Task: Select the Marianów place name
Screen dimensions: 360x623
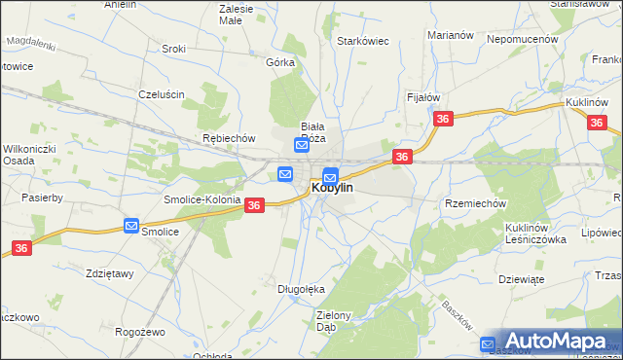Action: [450, 35]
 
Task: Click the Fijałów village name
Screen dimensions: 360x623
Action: [423, 97]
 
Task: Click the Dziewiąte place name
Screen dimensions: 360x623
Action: [519, 278]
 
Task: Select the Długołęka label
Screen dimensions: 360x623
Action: [301, 288]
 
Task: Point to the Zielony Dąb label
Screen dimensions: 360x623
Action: [340, 321]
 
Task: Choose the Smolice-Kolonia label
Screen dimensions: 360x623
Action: [202, 199]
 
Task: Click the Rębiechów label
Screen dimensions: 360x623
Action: [228, 138]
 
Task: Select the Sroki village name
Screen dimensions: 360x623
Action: [174, 48]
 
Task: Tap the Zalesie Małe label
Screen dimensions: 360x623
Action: [237, 14]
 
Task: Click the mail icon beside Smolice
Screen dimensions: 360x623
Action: [131, 226]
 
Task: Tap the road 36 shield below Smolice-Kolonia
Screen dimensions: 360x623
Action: [254, 205]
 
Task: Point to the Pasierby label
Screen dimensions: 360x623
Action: [42, 198]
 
